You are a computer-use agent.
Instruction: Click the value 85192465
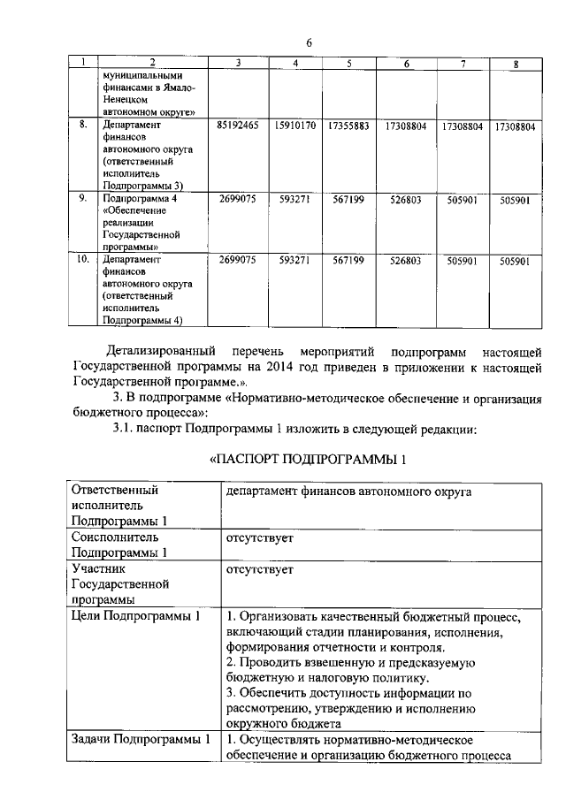(238, 126)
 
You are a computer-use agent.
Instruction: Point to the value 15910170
(295, 126)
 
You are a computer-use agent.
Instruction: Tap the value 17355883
(348, 126)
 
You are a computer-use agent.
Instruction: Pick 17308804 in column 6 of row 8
(407, 126)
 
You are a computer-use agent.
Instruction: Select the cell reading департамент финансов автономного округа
(348, 491)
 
